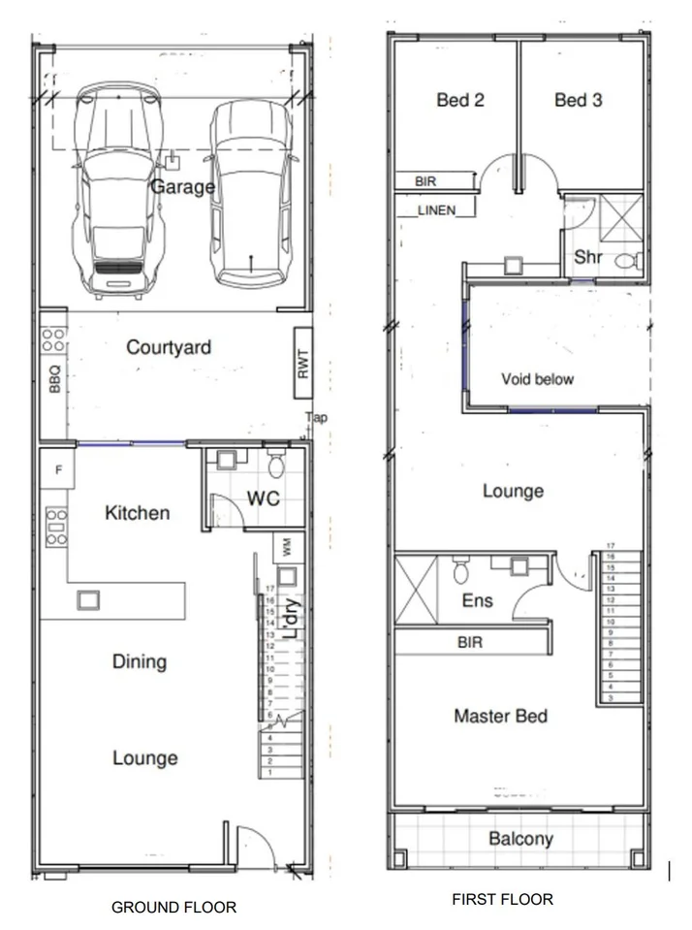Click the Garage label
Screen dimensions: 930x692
(x=182, y=185)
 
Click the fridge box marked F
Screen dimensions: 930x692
(x=57, y=470)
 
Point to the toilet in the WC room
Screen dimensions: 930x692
(x=275, y=465)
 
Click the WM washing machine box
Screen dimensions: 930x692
(x=287, y=547)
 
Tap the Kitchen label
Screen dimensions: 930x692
(x=138, y=513)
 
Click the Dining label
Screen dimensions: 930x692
(x=140, y=661)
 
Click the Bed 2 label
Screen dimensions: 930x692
(x=459, y=100)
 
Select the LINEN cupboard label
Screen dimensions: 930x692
(x=436, y=209)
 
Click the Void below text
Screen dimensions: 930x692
(x=537, y=378)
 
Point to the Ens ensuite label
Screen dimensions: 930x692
(x=477, y=600)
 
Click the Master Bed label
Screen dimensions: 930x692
(x=500, y=716)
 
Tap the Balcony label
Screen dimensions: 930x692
(x=519, y=839)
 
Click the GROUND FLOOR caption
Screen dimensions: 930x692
(x=173, y=907)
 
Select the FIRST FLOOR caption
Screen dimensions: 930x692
(x=502, y=899)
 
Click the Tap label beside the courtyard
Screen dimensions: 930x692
(x=316, y=418)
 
